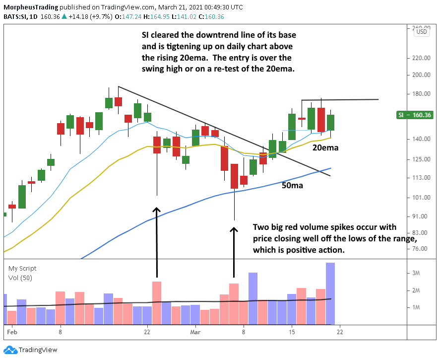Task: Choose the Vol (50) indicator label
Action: pyautogui.click(x=20, y=278)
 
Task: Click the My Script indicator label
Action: pyautogui.click(x=22, y=269)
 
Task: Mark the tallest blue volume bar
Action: pyautogui.click(x=330, y=293)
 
